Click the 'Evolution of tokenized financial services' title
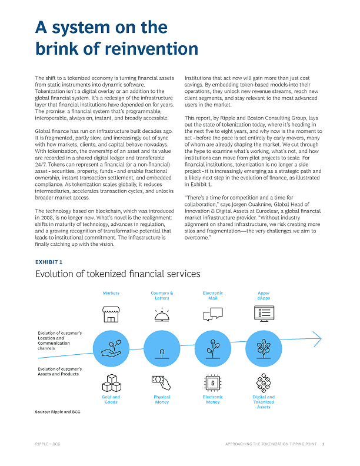[x=118, y=274]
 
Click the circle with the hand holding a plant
[x=111, y=348]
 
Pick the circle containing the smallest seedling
[x=162, y=348]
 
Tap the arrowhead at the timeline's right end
[x=318, y=339]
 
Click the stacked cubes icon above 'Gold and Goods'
[x=111, y=383]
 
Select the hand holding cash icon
[x=162, y=383]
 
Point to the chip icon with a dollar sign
[x=212, y=383]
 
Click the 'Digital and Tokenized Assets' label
[x=263, y=402]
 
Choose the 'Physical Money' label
[x=162, y=400]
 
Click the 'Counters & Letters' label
[x=162, y=295]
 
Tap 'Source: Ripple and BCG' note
[x=58, y=412]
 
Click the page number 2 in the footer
[x=323, y=445]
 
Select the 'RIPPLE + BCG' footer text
[x=48, y=445]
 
